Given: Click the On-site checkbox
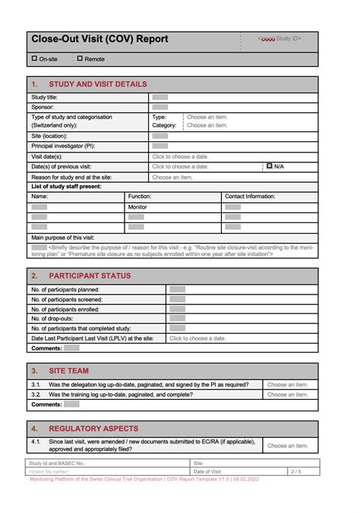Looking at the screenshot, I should (x=34, y=58).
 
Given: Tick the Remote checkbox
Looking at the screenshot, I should (x=81, y=58).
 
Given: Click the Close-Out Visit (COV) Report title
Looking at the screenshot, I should (x=99, y=39).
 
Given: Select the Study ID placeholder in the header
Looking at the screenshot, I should (x=279, y=38).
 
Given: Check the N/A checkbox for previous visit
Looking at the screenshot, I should (x=270, y=165).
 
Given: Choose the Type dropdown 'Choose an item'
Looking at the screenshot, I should (x=207, y=117).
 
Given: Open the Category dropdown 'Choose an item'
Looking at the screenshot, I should (x=207, y=125).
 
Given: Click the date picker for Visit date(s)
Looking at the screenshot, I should (x=180, y=156).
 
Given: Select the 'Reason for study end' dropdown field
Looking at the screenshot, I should (x=172, y=177).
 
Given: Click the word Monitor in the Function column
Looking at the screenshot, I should (x=137, y=206).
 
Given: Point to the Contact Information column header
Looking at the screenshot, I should (x=249, y=196).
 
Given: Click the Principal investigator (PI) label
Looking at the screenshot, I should (x=63, y=146).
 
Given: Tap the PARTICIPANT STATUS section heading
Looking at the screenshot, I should (x=90, y=275).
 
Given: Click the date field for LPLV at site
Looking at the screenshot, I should (x=197, y=338).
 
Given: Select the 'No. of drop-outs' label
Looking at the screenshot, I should (x=56, y=319).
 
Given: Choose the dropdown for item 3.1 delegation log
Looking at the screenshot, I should (x=288, y=385).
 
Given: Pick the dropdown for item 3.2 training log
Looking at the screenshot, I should (x=288, y=395).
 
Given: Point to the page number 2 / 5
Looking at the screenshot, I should (x=295, y=471).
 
